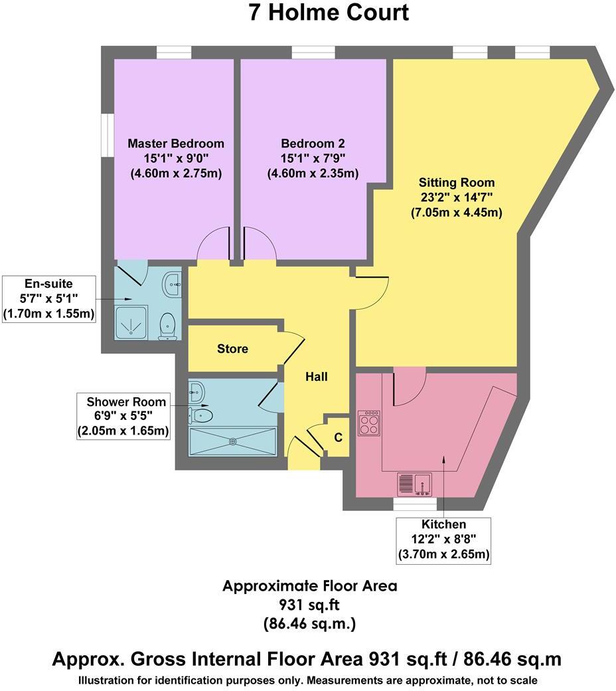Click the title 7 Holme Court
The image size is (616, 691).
(x=329, y=13)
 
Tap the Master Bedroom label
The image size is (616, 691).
(x=176, y=144)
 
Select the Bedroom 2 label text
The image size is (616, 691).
(x=313, y=144)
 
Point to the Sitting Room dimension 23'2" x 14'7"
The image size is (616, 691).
(x=456, y=197)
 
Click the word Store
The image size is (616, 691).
(x=232, y=348)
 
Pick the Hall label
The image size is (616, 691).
(x=316, y=377)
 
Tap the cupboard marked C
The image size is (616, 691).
(x=338, y=437)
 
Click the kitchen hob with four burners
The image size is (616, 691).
(x=369, y=423)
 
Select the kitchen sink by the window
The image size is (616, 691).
(x=414, y=484)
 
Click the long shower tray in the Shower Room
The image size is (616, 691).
(x=232, y=441)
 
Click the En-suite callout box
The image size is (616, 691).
(x=48, y=299)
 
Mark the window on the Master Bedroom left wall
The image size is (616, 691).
(x=106, y=136)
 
